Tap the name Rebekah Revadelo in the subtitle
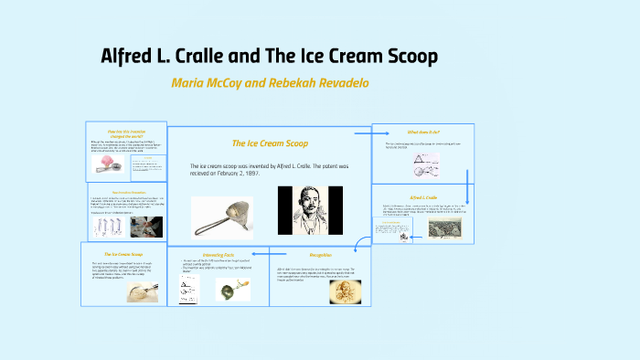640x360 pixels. (316, 82)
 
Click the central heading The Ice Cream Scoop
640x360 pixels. (270, 143)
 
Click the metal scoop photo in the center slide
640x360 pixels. (222, 217)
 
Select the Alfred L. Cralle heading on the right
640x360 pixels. (423, 196)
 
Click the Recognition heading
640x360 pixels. (320, 254)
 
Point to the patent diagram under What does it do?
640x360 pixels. (400, 165)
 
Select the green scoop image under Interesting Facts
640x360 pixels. (232, 290)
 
